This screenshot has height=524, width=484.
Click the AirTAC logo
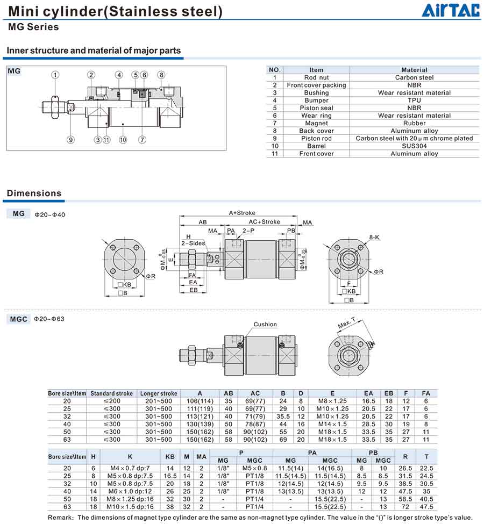(450, 11)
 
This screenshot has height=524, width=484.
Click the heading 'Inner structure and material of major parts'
(94, 51)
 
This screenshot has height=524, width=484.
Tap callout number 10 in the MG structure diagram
(123, 140)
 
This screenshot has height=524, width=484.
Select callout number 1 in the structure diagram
(55, 75)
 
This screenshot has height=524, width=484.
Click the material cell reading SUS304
(414, 146)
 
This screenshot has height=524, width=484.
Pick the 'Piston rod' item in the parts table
(316, 138)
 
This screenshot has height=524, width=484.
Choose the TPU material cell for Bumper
(414, 100)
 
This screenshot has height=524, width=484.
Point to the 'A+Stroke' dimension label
(242, 213)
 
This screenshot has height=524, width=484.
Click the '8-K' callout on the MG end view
(374, 237)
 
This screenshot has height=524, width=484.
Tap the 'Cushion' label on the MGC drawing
(265, 324)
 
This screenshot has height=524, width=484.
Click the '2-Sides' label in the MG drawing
(193, 243)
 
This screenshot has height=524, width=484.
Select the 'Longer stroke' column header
(158, 393)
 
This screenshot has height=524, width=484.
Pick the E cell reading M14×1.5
(332, 424)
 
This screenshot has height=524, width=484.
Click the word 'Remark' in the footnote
(59, 517)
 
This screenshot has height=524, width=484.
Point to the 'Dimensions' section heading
(34, 193)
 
